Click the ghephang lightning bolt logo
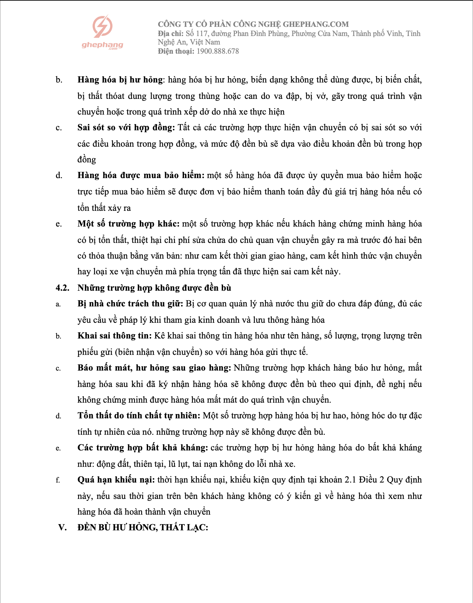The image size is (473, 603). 102,27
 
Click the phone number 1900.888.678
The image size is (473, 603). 218,51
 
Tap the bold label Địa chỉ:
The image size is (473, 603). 170,34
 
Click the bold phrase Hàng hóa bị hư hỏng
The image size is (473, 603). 120,80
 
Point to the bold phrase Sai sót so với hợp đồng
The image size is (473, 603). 126,128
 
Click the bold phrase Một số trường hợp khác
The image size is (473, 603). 128,224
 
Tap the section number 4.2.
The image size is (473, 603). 62,288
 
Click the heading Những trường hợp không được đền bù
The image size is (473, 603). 154,288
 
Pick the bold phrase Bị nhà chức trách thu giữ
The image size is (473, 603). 130,304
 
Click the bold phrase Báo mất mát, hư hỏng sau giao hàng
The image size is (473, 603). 154,368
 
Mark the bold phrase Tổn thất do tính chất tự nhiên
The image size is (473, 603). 139,416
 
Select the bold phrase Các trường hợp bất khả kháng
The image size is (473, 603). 142,448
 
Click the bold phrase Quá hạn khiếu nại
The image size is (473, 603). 116,480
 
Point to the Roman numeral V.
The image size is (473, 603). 62,528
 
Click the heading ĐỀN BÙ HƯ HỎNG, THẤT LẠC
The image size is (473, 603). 143,528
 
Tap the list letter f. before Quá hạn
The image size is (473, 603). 58,480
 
